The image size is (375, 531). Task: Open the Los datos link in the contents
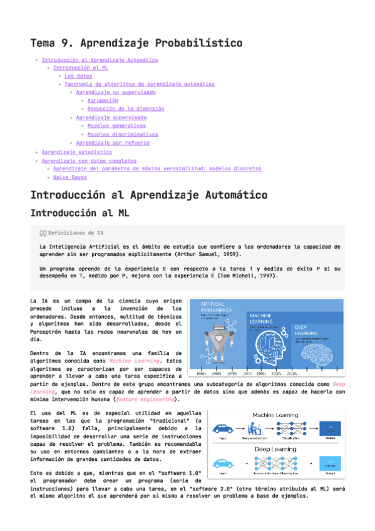[78, 76]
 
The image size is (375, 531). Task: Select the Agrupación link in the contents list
[103, 100]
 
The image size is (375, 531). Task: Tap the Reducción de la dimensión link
[126, 108]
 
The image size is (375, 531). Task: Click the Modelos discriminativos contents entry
[123, 134]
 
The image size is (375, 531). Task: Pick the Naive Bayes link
[69, 177]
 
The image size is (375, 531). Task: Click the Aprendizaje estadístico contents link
[76, 152]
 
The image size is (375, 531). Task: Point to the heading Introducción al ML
[80, 213]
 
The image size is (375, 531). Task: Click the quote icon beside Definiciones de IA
[43, 232]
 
